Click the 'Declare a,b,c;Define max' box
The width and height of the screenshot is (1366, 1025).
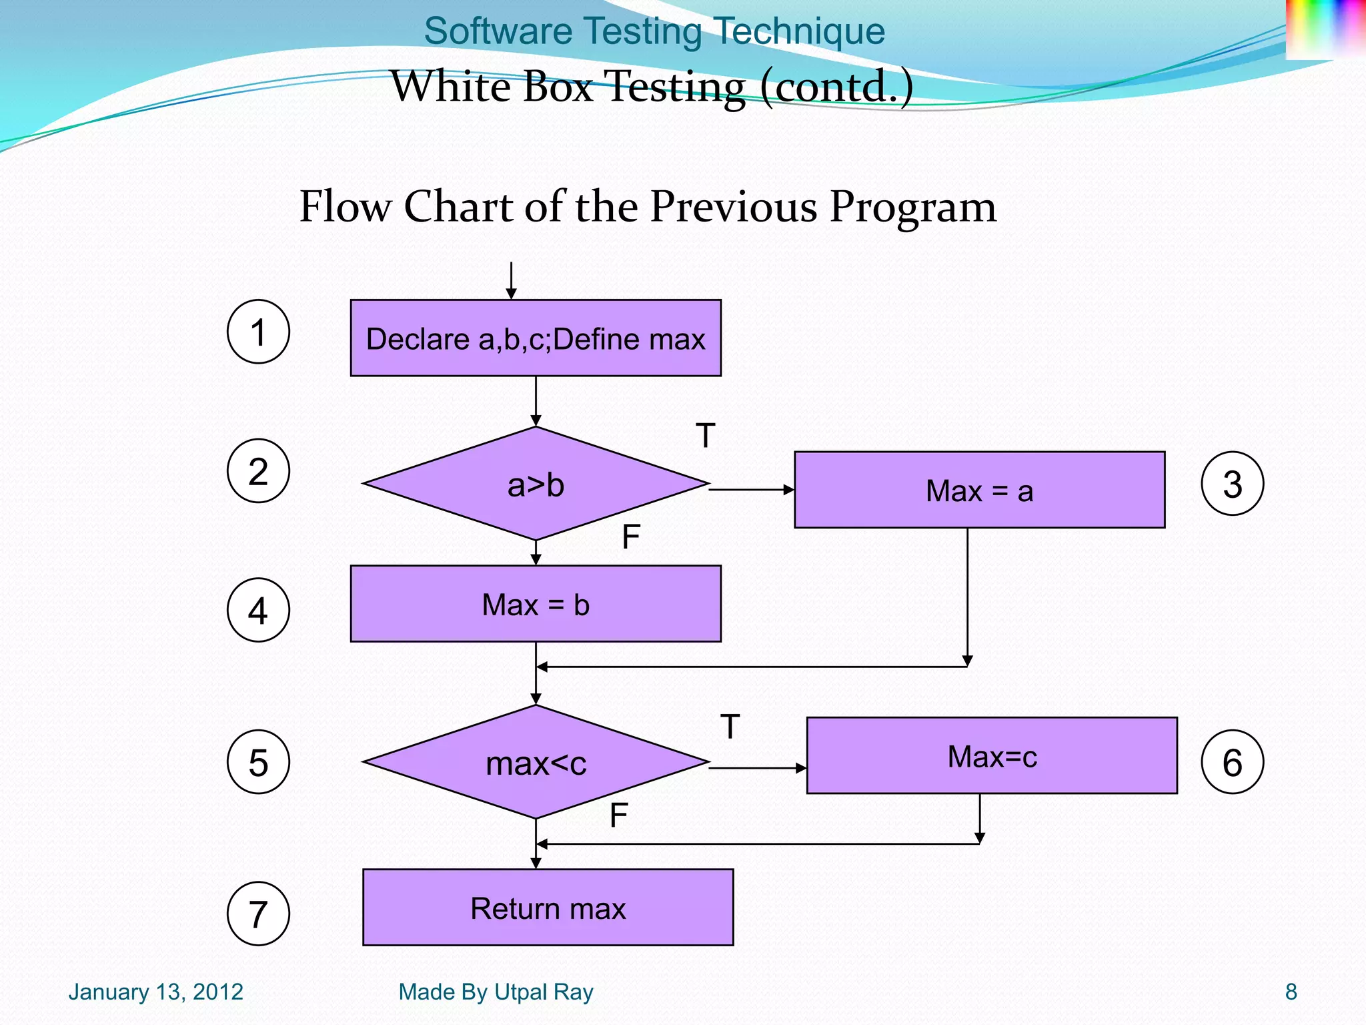coord(536,338)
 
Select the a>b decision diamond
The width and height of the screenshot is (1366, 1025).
coord(536,484)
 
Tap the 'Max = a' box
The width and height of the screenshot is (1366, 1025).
coord(979,490)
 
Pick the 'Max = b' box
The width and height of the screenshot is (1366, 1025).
coord(536,604)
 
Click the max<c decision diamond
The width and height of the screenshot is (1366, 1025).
coord(536,762)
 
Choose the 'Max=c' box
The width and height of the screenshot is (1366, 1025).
coord(992,755)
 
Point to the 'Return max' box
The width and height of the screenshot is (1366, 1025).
coord(548,908)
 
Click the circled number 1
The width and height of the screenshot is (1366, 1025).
coord(258,332)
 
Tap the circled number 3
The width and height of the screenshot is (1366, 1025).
coord(1232,484)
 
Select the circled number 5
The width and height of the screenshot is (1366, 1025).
coord(258,762)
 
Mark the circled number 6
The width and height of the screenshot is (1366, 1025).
coord(1232,762)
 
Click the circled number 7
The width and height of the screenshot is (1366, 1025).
coord(258,914)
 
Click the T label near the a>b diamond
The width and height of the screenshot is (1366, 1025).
coord(705,436)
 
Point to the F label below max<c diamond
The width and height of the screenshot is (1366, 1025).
coord(618,815)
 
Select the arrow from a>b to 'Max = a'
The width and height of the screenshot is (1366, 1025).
coord(751,490)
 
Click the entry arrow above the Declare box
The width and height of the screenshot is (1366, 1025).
coord(511,280)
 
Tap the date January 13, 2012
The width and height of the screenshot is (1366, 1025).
coord(155,992)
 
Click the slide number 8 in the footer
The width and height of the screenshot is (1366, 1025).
coord(1291,992)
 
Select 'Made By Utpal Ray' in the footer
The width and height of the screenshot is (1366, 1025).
coord(496,992)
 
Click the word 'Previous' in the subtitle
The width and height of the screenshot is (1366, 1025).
coord(733,206)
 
